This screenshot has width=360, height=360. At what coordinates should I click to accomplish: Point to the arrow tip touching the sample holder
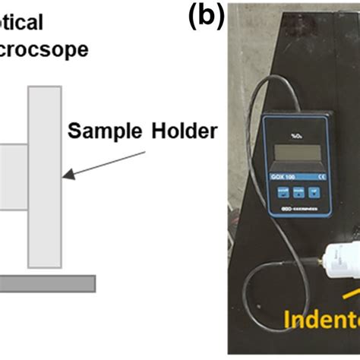point(66,176)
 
